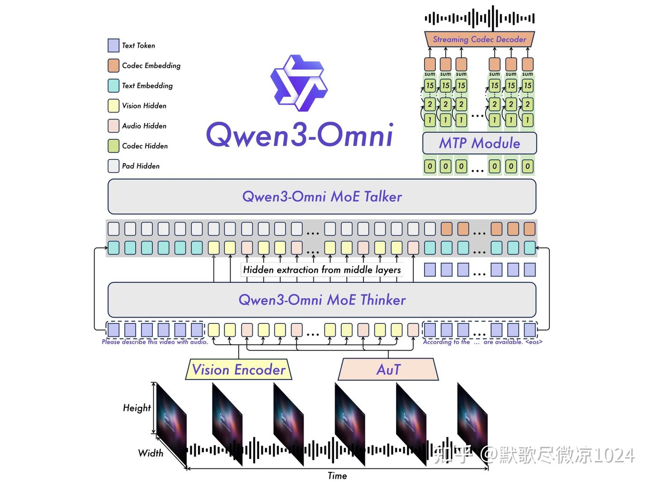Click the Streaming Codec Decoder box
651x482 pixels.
coord(479,39)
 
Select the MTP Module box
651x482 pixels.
coord(479,143)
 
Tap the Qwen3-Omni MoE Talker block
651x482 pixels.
coord(322,197)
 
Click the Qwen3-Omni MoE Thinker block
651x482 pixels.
coord(322,300)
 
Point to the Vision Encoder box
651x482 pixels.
coord(239,370)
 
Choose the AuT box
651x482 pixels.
coord(388,370)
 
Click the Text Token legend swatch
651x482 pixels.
coord(113,45)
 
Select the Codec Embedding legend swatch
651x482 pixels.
coord(113,66)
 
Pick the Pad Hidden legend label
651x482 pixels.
coord(141,166)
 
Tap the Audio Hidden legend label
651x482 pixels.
coord(144,126)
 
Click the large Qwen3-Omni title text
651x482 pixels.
coord(299,135)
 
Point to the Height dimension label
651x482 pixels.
coord(137,408)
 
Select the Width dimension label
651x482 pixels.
coord(151,453)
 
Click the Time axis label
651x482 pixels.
coord(337,475)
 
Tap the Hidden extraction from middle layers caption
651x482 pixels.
coord(322,270)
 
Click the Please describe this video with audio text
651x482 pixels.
coord(155,342)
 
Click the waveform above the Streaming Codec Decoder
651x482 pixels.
coord(479,18)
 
